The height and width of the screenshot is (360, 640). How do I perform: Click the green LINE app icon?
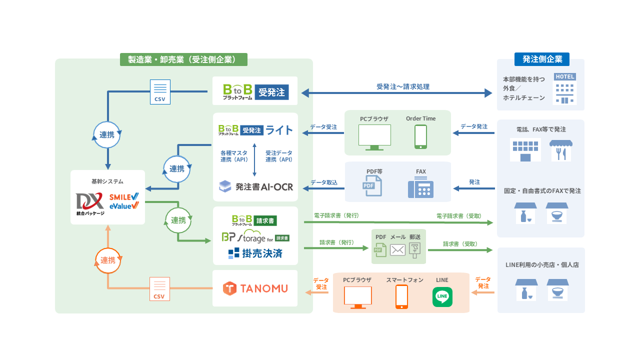[442, 297]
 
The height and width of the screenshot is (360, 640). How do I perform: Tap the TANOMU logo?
[255, 288]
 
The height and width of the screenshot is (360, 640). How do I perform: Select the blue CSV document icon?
[160, 92]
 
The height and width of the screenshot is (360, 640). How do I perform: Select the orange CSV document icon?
[159, 289]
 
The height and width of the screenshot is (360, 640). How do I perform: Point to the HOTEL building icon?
[565, 88]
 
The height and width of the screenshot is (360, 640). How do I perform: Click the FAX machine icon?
[420, 187]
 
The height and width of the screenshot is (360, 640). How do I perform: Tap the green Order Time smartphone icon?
[420, 136]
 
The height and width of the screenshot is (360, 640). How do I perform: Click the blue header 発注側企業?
[542, 59]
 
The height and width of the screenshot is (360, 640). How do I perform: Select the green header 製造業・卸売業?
[183, 59]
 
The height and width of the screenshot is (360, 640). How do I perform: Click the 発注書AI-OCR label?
[264, 187]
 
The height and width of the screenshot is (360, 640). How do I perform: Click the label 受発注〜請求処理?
[403, 86]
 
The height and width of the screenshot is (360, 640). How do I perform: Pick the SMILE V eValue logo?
[124, 201]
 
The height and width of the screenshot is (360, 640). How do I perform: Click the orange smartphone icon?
[401, 297]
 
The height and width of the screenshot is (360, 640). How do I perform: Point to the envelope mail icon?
[397, 250]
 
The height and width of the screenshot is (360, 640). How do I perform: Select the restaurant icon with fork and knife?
[560, 150]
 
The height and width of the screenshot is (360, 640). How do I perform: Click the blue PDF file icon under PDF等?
[372, 185]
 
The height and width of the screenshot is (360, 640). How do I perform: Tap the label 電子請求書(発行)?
[336, 215]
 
